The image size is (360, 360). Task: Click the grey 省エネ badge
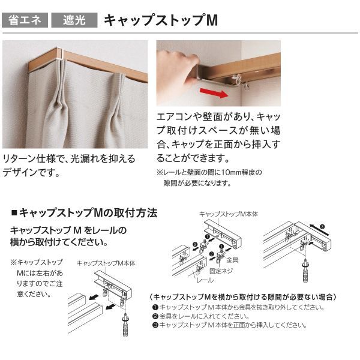click(25, 20)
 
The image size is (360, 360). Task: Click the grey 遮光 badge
click(74, 20)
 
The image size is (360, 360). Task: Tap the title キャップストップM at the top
click(161, 20)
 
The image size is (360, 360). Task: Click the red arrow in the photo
click(214, 93)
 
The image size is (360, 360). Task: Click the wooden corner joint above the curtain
click(60, 54)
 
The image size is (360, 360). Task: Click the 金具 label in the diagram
click(232, 260)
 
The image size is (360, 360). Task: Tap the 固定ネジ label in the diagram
click(221, 271)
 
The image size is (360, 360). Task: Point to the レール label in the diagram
click(205, 280)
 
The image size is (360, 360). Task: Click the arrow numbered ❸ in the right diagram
click(319, 229)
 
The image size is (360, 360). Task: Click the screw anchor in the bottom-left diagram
click(126, 324)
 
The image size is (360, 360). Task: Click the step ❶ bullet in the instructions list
click(155, 307)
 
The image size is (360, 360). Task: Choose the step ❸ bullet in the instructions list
click(155, 325)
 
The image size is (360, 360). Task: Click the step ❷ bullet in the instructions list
click(155, 316)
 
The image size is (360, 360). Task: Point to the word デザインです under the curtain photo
click(31, 172)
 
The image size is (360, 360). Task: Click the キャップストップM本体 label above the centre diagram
click(229, 214)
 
